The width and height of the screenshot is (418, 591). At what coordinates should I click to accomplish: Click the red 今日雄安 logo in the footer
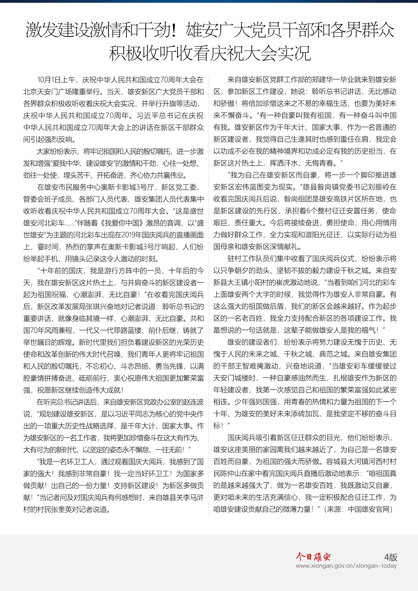313,557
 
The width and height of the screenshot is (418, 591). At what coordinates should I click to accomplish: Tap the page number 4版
390,557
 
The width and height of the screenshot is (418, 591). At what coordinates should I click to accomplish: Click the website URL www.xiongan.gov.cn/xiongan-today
346,566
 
